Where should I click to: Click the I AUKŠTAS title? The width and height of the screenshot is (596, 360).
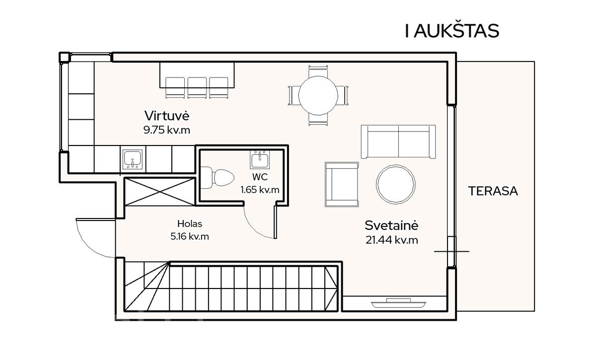pos(452,31)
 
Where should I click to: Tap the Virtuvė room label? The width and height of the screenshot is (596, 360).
pos(167,116)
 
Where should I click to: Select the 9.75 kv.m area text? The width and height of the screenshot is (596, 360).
pos(167,130)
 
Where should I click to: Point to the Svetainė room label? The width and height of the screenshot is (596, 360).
pos(392,225)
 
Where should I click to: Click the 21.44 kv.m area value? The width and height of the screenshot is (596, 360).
pos(392,240)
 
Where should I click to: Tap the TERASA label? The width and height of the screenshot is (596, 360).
pos(493,191)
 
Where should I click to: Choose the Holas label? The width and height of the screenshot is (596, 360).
pos(190,224)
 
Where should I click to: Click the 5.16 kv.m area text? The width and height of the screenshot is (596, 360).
pos(190,236)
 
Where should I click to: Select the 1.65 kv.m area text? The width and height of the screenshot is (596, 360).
pos(260,190)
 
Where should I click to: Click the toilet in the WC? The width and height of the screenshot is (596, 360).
pos(218,177)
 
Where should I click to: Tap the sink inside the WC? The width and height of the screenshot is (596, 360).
pos(260,159)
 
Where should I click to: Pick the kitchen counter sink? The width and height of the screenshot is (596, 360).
pos(133,159)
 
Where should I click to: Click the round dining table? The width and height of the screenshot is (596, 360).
pos(318,95)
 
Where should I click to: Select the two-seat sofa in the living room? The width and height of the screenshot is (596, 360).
pos(398,142)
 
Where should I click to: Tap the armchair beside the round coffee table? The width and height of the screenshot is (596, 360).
pos(342,184)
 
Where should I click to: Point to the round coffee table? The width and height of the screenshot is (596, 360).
pos(396,184)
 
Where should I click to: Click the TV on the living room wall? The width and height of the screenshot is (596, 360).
pos(398,303)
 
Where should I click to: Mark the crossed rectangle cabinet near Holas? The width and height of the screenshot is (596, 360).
pos(160,192)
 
